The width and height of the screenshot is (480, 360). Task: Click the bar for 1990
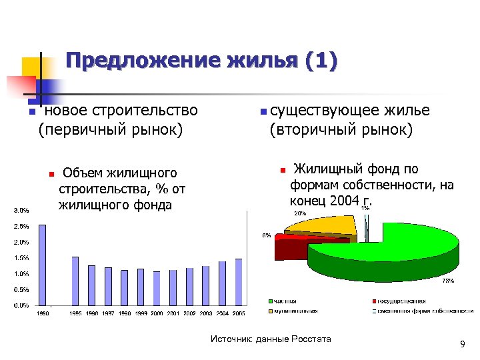tap(43, 265)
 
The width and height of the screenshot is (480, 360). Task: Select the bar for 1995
tap(75, 281)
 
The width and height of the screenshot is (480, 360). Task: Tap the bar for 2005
tap(238, 282)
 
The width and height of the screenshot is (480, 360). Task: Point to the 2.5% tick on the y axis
tap(21, 226)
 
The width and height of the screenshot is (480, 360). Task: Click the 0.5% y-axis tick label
tap(21, 290)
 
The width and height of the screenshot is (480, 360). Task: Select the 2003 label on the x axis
tap(205, 313)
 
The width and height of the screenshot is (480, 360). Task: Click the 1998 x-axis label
tap(124, 313)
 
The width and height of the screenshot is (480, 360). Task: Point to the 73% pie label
tap(448, 281)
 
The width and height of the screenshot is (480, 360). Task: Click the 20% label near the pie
tap(301, 213)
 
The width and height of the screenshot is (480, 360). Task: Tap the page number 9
tap(462, 344)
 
